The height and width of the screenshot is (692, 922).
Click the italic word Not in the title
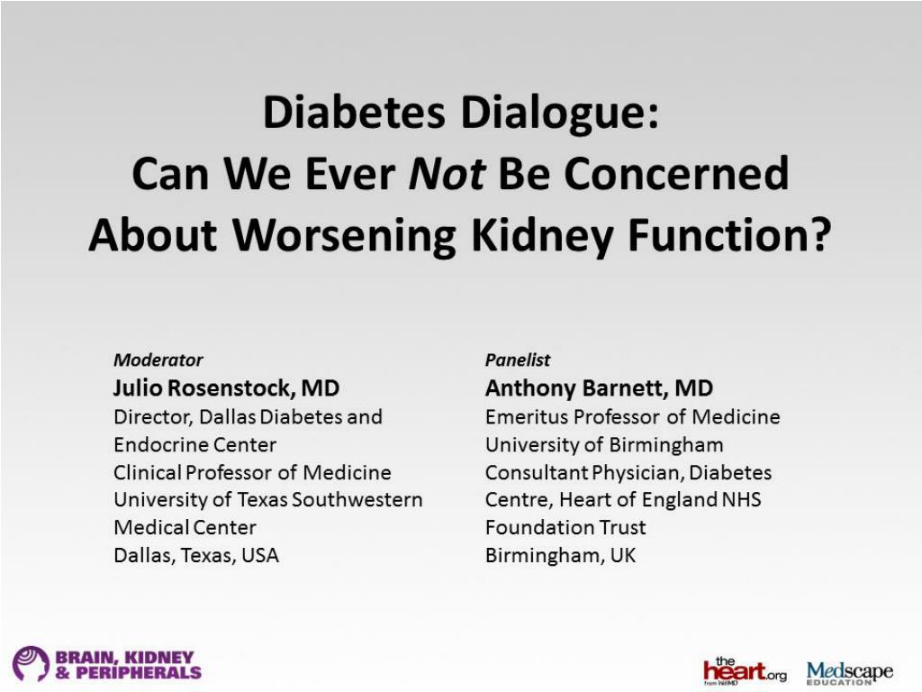point(447,174)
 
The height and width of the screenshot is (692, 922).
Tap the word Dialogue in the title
point(560,114)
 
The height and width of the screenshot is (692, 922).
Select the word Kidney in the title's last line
point(542,236)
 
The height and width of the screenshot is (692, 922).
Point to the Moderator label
point(158,360)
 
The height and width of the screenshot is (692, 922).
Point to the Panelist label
point(518,360)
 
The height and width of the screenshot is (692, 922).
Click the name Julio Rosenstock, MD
point(226,388)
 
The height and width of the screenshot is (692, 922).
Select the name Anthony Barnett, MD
point(599,388)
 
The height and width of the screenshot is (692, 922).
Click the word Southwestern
point(357,499)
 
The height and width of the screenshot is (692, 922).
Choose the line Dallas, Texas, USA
point(196,555)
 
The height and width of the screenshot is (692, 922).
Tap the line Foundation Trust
point(565,527)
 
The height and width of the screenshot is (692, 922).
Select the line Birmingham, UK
point(560,555)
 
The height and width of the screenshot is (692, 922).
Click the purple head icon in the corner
point(31,663)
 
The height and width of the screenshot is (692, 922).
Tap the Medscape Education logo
point(849,672)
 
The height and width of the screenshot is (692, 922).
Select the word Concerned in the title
point(676,174)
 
